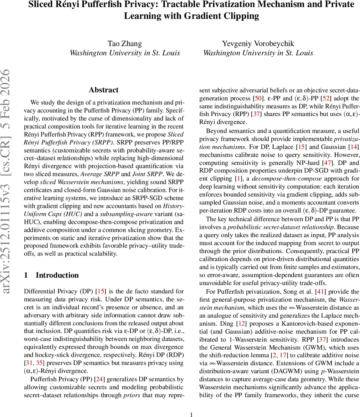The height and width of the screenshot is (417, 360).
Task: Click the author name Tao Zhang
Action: point(125,43)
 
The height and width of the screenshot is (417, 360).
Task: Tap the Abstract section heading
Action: point(104,90)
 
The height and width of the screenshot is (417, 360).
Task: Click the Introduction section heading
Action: point(57,275)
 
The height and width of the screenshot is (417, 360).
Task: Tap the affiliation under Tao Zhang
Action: point(125,53)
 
